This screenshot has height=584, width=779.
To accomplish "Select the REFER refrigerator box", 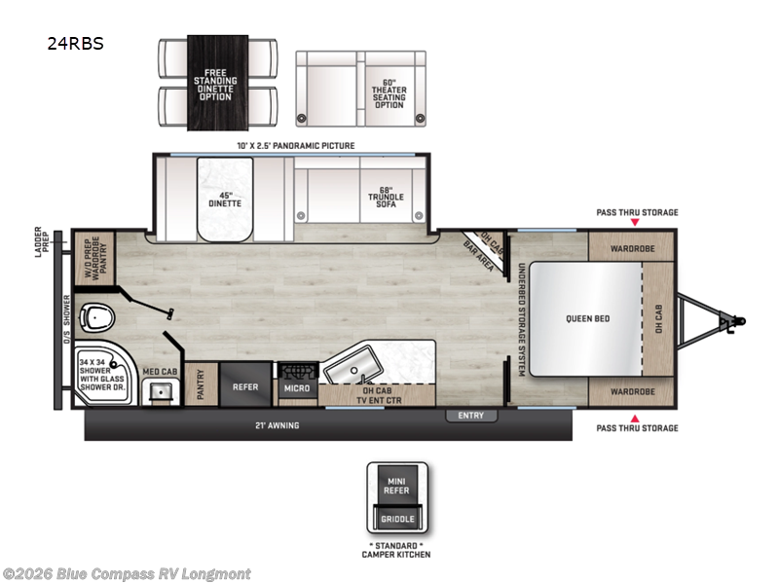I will (x=244, y=386).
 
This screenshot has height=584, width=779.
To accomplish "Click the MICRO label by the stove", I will (x=297, y=388).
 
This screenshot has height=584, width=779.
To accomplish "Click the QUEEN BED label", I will (x=588, y=318).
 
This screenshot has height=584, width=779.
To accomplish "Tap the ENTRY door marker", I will (x=471, y=416).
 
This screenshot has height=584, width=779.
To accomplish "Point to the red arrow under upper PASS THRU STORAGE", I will (x=636, y=223).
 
